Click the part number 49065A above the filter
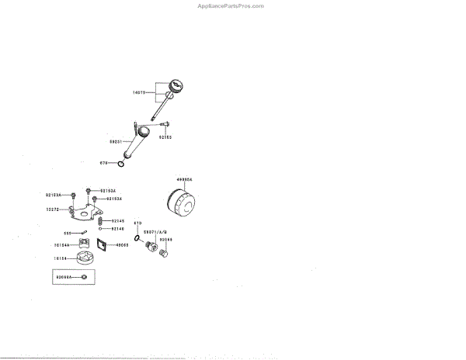pos(183,179)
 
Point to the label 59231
pos(116,141)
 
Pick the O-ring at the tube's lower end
pos(120,163)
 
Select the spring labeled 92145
pos(101,221)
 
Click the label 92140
pos(117,229)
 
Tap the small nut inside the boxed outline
pos(84,277)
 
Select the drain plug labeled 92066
pos(164,253)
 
